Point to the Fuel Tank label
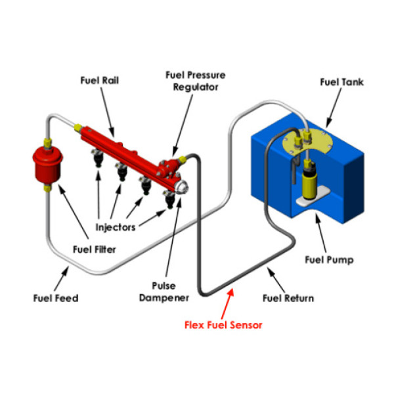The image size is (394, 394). tap(341, 82)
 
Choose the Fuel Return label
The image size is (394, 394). tap(288, 298)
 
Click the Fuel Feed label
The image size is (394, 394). tap(56, 298)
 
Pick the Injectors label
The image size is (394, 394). tap(115, 228)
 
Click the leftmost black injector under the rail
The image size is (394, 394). tap(98, 160)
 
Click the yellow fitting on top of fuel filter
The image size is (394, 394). tap(47, 142)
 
